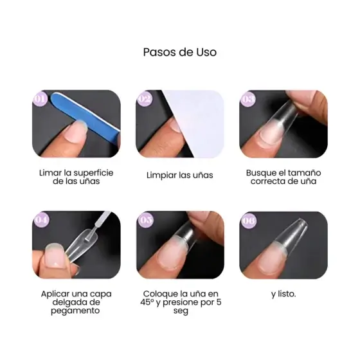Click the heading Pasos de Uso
[x=180, y=52]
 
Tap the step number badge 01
[x=40, y=99]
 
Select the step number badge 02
[x=145, y=99]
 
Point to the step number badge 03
[x=248, y=99]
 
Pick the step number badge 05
[x=146, y=220]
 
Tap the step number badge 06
[x=249, y=221]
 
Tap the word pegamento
[x=75, y=311]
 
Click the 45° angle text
[x=147, y=302]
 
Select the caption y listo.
[x=283, y=294]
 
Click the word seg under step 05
[x=181, y=311]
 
